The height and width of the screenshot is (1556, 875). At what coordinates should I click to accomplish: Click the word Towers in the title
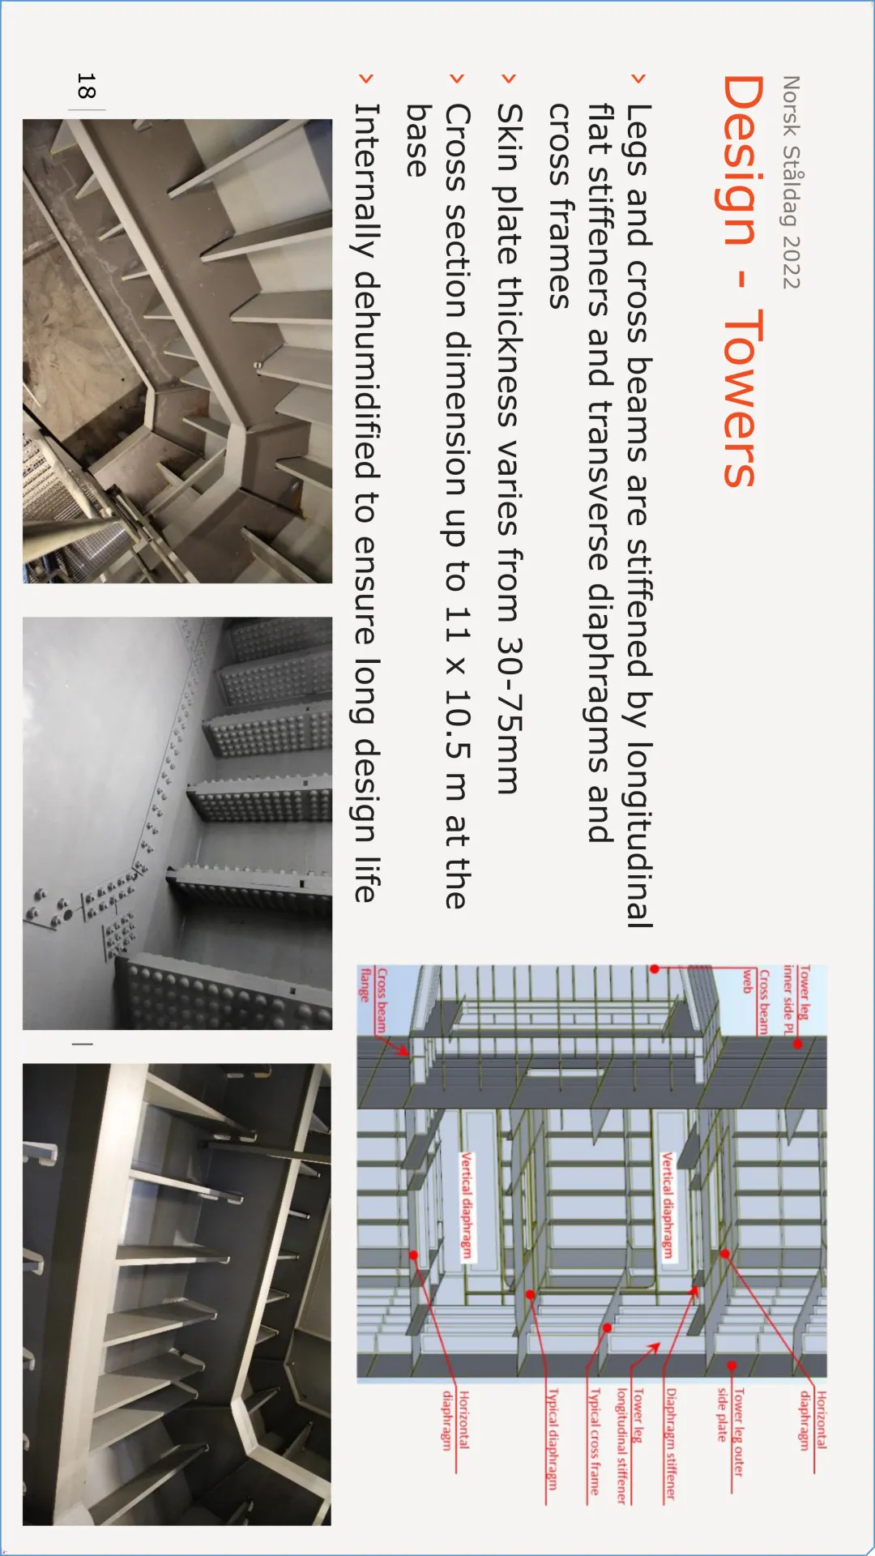coord(740,398)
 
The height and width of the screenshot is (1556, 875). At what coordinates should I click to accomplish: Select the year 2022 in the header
coord(791,262)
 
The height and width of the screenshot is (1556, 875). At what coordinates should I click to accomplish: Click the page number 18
coord(86,86)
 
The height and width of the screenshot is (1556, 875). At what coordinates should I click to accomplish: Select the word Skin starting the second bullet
coord(510,137)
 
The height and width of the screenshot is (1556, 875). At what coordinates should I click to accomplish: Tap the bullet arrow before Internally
coord(366,79)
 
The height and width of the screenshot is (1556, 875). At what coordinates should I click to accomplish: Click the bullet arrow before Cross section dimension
coord(457,79)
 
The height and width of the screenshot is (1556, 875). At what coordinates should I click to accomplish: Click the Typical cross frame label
coord(594,1442)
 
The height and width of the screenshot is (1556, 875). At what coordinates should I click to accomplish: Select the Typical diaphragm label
coord(553,1438)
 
